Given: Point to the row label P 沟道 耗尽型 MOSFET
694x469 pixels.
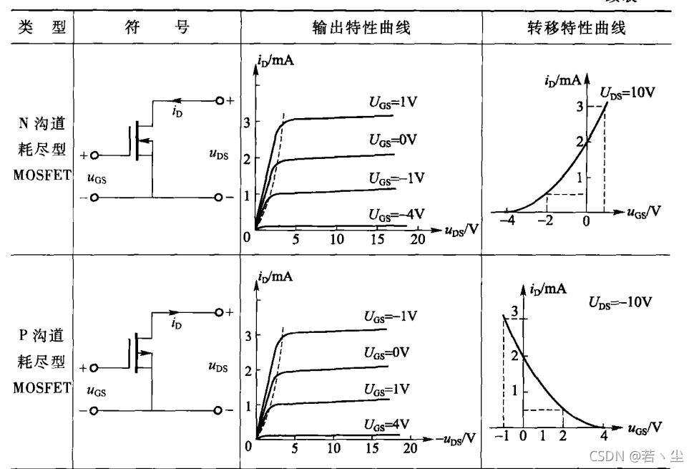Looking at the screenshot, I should tap(41, 361).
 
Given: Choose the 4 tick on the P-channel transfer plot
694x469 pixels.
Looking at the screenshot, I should tap(603, 435).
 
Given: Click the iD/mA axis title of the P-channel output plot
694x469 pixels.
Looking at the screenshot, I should tap(275, 276).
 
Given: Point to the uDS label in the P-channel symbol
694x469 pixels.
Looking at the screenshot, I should tap(218, 367).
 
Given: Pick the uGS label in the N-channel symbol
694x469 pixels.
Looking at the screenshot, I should tap(96, 178).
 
